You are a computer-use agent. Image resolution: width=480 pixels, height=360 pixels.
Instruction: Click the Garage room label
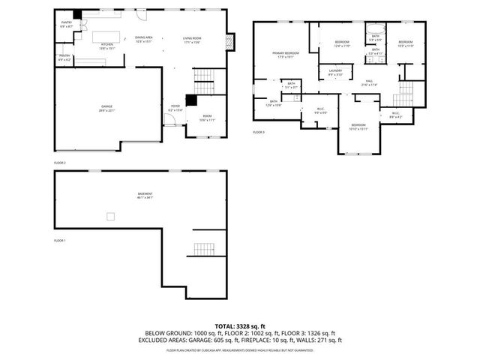tap(107, 109)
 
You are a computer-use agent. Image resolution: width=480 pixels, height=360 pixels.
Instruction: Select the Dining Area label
tap(144, 39)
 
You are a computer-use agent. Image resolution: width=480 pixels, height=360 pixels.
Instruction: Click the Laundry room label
tap(334, 73)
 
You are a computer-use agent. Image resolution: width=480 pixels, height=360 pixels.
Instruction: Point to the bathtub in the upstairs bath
tap(374, 33)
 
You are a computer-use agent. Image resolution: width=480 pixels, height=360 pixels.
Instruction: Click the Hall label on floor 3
tap(369, 82)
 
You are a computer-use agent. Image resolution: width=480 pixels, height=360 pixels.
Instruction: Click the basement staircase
tap(203, 248)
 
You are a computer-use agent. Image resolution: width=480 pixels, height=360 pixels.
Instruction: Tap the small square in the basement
tap(110, 217)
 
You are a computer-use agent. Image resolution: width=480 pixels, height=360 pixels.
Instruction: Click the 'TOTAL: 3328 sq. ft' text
tap(239, 326)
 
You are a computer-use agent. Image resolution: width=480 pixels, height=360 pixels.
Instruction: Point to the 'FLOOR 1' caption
tap(60, 241)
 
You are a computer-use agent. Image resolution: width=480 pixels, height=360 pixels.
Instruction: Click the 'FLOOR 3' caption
tap(259, 132)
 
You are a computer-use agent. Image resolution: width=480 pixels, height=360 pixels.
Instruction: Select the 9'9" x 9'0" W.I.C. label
tap(320, 111)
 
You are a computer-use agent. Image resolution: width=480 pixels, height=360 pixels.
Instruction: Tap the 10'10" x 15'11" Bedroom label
tap(358, 127)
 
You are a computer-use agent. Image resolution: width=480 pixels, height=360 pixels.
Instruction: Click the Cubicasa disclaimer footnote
tap(239, 349)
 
